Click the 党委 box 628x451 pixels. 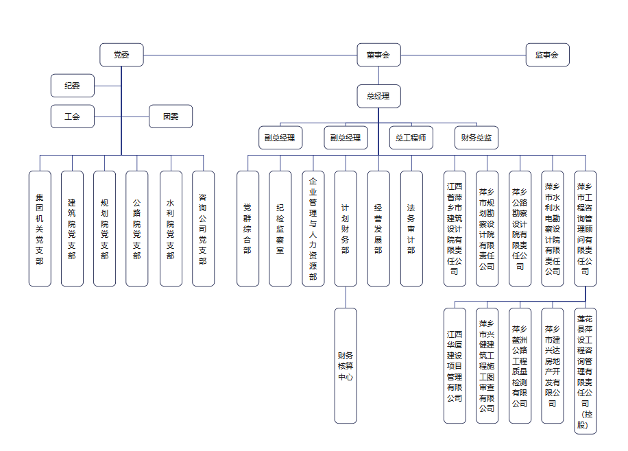pos(121,55)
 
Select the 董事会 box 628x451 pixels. pos(378,55)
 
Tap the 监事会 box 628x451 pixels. pos(547,55)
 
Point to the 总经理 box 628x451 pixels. pos(378,96)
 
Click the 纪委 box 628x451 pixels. pos(73,86)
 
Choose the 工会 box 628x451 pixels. pos(73,117)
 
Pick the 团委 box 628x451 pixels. pos(171,117)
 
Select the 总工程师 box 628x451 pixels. pos(411,138)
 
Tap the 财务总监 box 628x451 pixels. pos(476,138)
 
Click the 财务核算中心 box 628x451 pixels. pos(346,366)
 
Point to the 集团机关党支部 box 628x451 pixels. pos(40,229)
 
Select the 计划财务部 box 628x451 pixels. pos(346,229)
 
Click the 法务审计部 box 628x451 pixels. pos(411,229)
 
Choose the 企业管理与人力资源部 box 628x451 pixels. pos(313,229)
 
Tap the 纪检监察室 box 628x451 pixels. pos(280,229)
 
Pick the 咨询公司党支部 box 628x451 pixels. pos(203,229)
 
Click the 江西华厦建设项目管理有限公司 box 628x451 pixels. pos(455,366)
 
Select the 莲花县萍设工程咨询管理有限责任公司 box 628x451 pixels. pos(585,371)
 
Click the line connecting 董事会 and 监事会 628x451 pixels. pos(463,56)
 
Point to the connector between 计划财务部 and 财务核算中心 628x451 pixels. pos(346,297)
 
